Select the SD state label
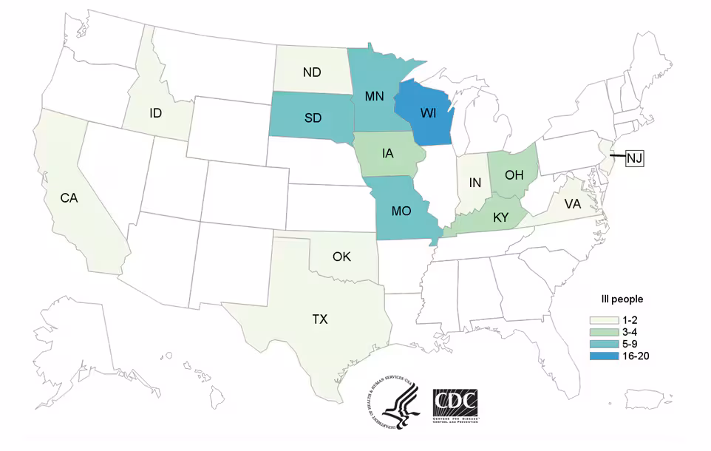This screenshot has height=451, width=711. pyautogui.click(x=313, y=120)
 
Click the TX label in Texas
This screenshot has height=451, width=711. pyautogui.click(x=319, y=319)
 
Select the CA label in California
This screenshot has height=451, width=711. pyautogui.click(x=69, y=197)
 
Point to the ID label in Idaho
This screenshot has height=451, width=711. pyautogui.click(x=155, y=113)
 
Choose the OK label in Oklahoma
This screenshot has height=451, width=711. pyautogui.click(x=342, y=257)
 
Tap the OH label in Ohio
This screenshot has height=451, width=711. pyautogui.click(x=514, y=174)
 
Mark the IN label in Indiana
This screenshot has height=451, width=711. pyautogui.click(x=475, y=182)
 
